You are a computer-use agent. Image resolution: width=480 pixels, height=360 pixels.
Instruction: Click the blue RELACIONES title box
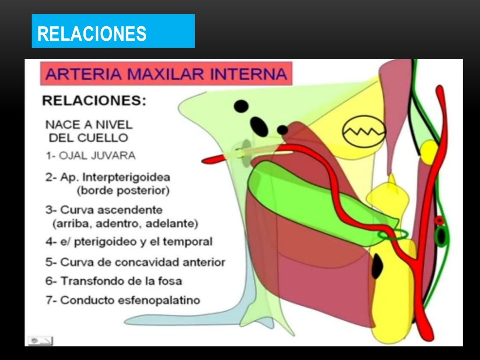point(113,31)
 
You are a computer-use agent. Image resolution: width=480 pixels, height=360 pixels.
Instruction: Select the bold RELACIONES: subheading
point(94,100)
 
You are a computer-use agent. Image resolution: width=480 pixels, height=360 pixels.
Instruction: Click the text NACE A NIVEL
point(89,125)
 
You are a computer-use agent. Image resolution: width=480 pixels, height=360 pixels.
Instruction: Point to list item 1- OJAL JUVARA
point(90,155)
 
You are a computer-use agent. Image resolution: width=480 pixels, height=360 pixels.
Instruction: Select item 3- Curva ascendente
point(104,210)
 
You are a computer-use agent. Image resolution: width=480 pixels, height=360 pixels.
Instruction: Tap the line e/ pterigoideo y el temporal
point(129,242)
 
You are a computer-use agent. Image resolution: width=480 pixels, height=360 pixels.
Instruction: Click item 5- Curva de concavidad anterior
point(135,262)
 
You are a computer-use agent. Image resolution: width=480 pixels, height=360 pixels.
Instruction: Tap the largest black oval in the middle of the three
point(258,125)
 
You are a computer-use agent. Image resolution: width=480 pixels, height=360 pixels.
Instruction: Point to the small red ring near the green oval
point(439,219)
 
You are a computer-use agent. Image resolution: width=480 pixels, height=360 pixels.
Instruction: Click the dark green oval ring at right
point(441,236)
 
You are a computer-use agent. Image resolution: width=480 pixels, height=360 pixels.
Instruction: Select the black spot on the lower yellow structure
point(377,267)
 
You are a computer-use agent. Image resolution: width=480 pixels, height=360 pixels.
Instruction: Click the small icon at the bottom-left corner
point(41,341)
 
